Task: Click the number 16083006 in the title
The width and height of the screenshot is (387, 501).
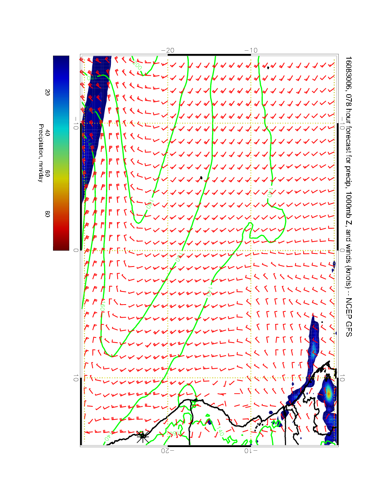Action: (348, 71)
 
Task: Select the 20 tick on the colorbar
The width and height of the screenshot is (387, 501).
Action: (47, 92)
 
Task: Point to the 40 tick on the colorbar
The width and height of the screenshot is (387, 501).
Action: (47, 133)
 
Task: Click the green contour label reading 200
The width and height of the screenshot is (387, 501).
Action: (137, 65)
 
